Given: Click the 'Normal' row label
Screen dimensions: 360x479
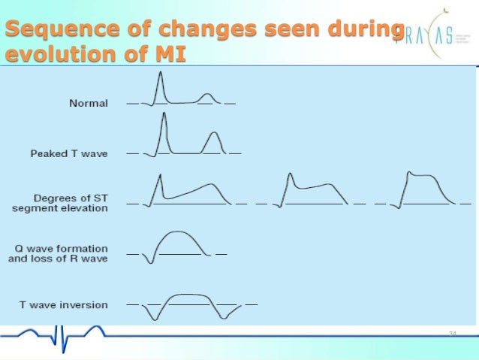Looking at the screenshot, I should click(x=89, y=103).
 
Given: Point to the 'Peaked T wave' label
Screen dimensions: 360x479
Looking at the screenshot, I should click(x=69, y=153).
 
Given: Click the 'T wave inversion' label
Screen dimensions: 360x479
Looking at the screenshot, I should click(x=63, y=304).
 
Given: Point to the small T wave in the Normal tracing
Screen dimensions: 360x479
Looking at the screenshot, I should click(x=208, y=97).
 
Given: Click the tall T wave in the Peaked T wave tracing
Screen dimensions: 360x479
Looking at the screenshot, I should click(x=214, y=140).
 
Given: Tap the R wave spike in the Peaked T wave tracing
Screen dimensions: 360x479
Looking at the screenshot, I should click(x=163, y=124).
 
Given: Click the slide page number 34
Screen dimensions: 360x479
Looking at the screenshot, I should click(x=452, y=333).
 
